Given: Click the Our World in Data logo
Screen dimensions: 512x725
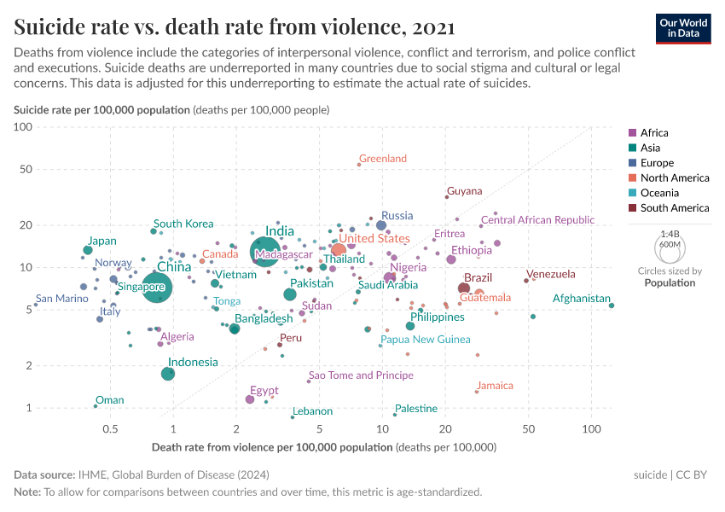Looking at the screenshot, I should click(x=684, y=27).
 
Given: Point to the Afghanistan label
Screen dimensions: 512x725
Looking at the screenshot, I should click(x=582, y=299).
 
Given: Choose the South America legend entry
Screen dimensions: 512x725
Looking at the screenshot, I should click(x=674, y=208).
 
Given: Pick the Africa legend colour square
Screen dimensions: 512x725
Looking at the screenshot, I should click(x=632, y=133).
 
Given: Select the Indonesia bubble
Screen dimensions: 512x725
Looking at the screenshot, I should click(x=169, y=374).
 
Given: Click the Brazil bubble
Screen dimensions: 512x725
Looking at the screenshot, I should click(x=464, y=288).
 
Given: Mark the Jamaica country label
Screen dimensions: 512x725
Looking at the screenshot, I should click(x=495, y=386).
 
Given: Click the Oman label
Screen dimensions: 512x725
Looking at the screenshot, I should click(x=109, y=400).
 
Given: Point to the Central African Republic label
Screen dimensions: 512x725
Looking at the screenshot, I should click(x=537, y=220).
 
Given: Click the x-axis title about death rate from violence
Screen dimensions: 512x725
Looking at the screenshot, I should click(x=324, y=447).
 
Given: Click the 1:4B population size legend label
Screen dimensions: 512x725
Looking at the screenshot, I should click(x=670, y=233).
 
